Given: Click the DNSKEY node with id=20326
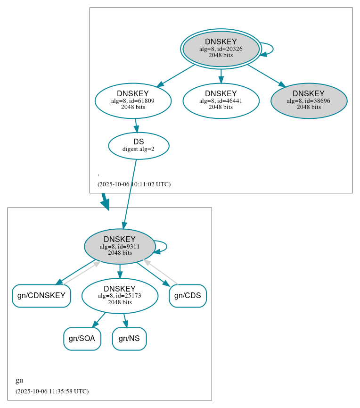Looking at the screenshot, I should (221, 49).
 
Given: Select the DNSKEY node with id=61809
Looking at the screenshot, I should (133, 100).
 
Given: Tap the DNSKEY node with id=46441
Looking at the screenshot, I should (221, 100).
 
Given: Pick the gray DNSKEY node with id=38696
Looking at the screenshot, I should (309, 100).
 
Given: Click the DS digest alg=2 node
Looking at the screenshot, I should (139, 146).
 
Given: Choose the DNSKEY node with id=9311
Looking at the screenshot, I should (120, 246).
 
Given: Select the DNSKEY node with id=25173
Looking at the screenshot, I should (120, 296).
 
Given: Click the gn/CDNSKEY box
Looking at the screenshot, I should (41, 296).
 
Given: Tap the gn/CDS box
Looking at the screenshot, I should (188, 296).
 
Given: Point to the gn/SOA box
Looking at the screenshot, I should (82, 339).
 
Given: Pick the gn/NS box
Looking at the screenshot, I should (129, 339).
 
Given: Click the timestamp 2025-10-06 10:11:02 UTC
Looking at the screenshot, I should (134, 184).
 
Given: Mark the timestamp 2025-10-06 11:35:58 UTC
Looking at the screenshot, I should (52, 391).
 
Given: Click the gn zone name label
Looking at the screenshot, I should (19, 381).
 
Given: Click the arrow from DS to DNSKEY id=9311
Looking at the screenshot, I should (130, 193).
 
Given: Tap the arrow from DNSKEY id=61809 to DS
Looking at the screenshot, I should (136, 125).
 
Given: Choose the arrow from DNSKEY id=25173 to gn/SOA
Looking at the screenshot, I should (98, 320).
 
